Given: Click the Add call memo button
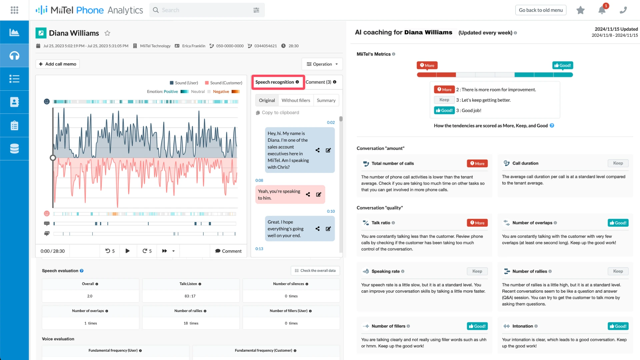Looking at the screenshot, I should [x=58, y=64].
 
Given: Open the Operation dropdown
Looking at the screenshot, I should [x=322, y=64].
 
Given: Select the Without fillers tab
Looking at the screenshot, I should [x=296, y=100].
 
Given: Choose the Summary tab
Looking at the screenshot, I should [x=326, y=100].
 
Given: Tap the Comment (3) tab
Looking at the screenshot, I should [x=321, y=82].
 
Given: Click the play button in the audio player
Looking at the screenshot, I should [x=127, y=251].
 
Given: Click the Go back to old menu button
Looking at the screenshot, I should [x=541, y=10].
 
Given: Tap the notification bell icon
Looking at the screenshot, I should [x=602, y=10].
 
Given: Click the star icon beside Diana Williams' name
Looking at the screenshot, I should [x=107, y=33].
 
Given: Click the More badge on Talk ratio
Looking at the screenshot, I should [x=477, y=223].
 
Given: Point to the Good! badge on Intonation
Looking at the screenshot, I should [x=618, y=326].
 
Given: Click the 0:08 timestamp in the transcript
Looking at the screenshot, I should [x=259, y=180].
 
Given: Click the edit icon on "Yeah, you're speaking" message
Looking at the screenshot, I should [x=319, y=194].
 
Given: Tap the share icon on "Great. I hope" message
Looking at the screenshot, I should [x=318, y=229].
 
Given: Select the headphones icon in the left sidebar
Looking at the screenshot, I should [x=14, y=55].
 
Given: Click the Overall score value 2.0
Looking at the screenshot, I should [x=90, y=296].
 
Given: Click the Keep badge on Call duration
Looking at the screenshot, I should [x=618, y=163].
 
